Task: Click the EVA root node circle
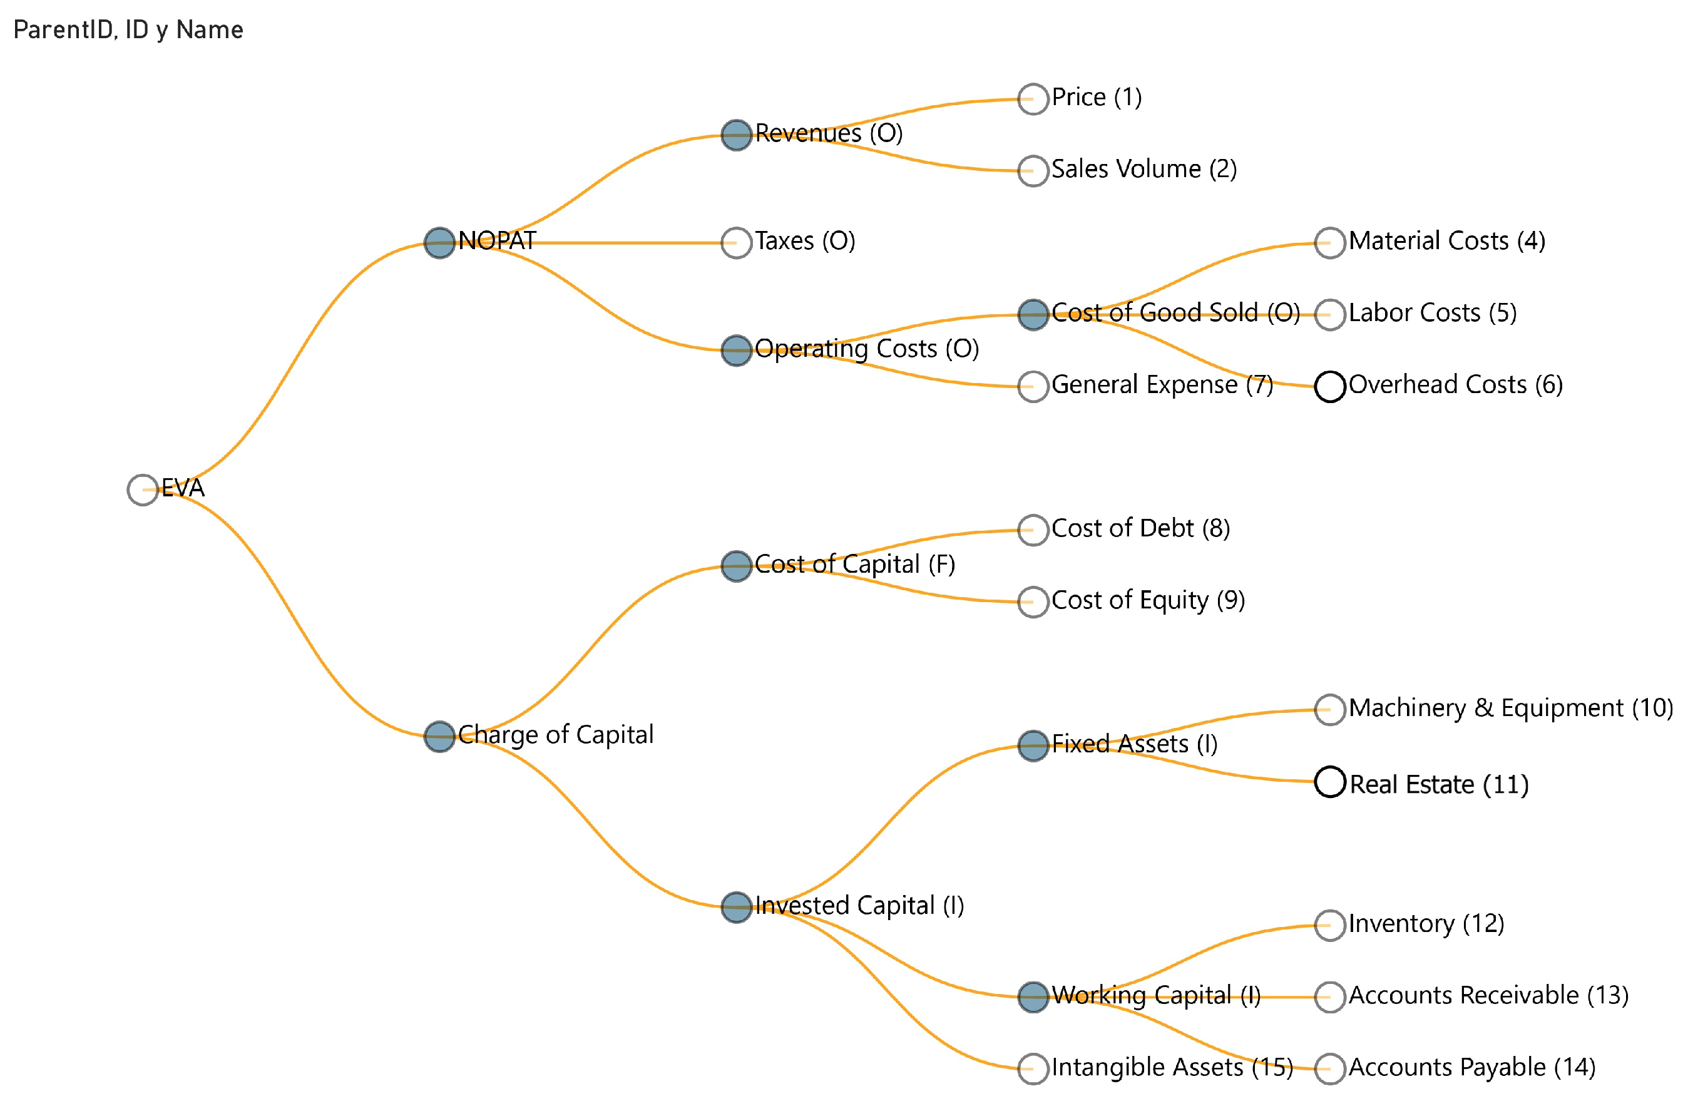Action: pyautogui.click(x=143, y=489)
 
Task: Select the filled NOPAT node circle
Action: pyautogui.click(x=440, y=243)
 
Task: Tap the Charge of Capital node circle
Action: pyautogui.click(x=440, y=736)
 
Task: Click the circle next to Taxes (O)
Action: pyautogui.click(x=736, y=243)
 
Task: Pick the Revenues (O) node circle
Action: pyautogui.click(x=736, y=135)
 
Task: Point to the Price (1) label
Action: pyautogui.click(x=1097, y=97)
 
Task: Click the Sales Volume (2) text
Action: pyautogui.click(x=1143, y=169)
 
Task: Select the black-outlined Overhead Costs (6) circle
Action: pyautogui.click(x=1330, y=387)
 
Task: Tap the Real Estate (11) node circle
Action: pyautogui.click(x=1330, y=782)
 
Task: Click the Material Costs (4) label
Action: pyautogui.click(x=1447, y=241)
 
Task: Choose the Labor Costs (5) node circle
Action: pyautogui.click(x=1330, y=314)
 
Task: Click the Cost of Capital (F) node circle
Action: pyautogui.click(x=736, y=566)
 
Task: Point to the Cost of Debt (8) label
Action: pyautogui.click(x=1140, y=528)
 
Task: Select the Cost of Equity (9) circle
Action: pyautogui.click(x=1033, y=602)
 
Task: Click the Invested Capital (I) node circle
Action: pyautogui.click(x=736, y=906)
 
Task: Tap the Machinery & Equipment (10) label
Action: pyautogui.click(x=1511, y=708)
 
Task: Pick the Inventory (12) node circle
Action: pyautogui.click(x=1330, y=926)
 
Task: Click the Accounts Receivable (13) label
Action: pyautogui.click(x=1488, y=995)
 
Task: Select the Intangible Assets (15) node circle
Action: pyautogui.click(x=1033, y=1069)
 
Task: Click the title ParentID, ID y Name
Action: pyautogui.click(x=128, y=30)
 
